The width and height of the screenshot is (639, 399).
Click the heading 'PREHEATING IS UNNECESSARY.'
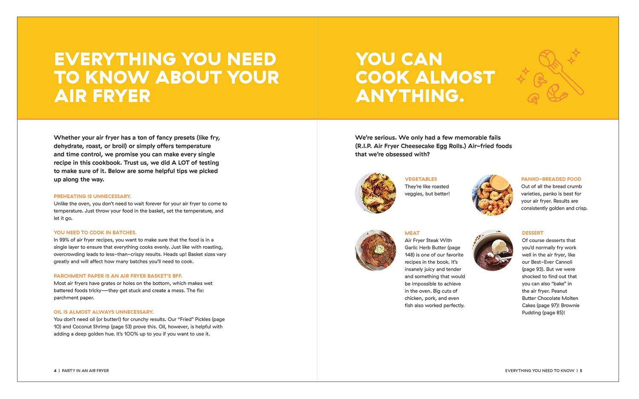(92, 196)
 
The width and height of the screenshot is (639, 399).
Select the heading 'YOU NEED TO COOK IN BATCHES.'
(95, 232)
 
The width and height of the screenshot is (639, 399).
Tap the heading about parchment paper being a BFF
(118, 276)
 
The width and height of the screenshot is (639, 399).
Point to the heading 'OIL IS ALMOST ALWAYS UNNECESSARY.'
(104, 312)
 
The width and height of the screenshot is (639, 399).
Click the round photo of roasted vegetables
(375, 193)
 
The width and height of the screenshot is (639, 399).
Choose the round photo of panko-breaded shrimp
(492, 195)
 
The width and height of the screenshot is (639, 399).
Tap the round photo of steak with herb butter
(375, 250)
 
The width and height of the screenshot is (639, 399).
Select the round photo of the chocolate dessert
(492, 250)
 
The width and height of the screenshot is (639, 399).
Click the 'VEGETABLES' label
(420, 179)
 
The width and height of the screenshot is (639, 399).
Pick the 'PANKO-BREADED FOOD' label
(551, 179)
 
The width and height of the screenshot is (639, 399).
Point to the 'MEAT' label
(412, 233)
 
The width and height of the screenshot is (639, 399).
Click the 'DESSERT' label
(532, 233)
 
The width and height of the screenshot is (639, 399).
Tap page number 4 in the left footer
(55, 370)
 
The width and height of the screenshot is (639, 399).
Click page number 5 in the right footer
(581, 370)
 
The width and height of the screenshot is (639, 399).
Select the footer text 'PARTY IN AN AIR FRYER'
(85, 370)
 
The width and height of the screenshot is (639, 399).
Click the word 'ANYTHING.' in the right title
(409, 96)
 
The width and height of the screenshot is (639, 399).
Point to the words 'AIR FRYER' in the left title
(102, 96)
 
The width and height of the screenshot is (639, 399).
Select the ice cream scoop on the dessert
(499, 246)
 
